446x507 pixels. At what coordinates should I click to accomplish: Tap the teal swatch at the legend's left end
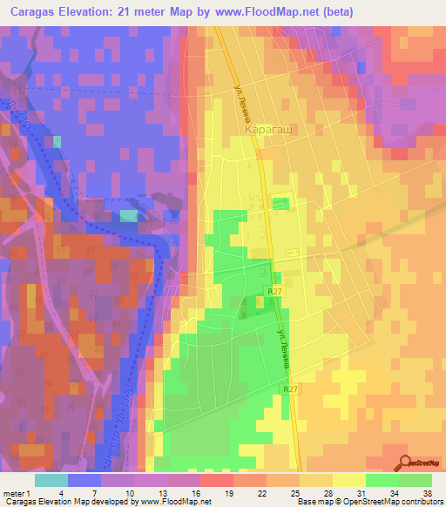point(51,479)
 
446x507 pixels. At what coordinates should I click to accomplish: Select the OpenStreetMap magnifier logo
point(407,462)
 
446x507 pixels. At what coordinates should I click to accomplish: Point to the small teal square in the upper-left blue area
point(57,141)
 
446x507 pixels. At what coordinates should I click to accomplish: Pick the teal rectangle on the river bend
point(128,215)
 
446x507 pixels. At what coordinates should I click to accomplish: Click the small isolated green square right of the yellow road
point(280,204)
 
